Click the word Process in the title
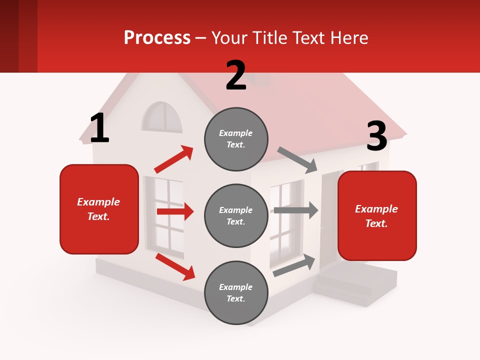[157, 37]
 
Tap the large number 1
[99, 128]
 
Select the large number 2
[236, 75]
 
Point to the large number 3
[376, 136]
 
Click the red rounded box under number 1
[99, 209]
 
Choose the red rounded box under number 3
[377, 216]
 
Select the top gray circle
[236, 139]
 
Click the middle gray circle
[236, 215]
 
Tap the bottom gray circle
[236, 292]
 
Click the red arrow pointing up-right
[173, 159]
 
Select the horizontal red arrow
[175, 211]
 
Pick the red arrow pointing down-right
[175, 266]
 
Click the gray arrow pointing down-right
[297, 159]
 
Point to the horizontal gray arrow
[295, 210]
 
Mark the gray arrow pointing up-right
[294, 265]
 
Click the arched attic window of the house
[162, 117]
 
